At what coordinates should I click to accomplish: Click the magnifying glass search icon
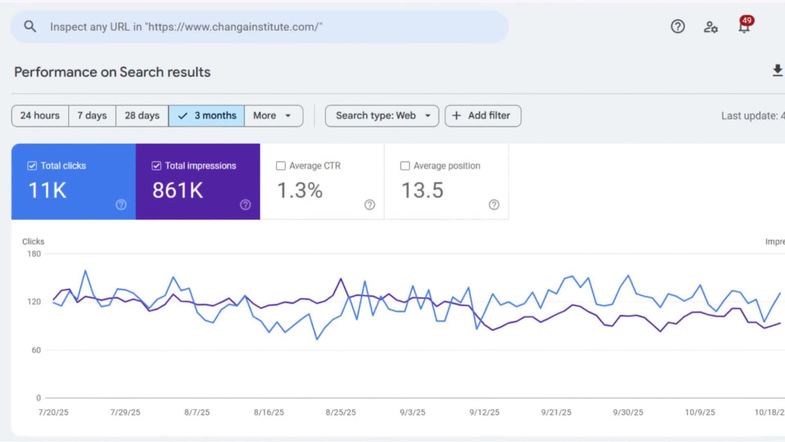point(30,27)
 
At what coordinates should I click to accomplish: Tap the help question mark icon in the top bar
point(677,27)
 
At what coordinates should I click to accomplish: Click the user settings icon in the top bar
point(710,27)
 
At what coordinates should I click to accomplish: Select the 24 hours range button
point(40,115)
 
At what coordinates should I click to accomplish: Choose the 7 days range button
point(92,115)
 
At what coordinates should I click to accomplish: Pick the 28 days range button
point(142,115)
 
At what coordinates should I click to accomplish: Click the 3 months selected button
point(206,115)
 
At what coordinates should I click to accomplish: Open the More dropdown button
point(273,115)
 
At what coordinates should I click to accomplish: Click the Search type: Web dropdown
point(382,115)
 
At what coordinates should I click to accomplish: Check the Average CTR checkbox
point(281,166)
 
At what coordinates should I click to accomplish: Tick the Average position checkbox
point(405,166)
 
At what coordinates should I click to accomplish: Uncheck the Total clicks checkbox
point(32,166)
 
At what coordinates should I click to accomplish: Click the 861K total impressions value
point(177,190)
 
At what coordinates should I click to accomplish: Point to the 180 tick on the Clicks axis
point(34,254)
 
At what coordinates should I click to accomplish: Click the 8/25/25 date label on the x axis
point(341,412)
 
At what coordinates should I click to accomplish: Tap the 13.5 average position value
point(422,190)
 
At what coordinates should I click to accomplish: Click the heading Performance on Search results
point(112,72)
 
